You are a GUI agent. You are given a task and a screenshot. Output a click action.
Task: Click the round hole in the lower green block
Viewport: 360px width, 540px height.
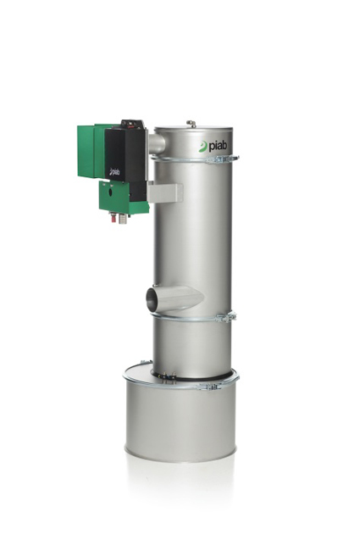click(x=111, y=192)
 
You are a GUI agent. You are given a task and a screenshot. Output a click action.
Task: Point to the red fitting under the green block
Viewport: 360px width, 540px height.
click(x=113, y=218)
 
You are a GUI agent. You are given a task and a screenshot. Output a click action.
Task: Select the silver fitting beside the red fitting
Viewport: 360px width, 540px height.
click(x=123, y=219)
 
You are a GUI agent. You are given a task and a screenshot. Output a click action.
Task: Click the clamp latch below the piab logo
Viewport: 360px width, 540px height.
click(x=223, y=159)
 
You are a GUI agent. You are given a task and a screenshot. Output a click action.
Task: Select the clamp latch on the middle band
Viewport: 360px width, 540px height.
click(x=226, y=317)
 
